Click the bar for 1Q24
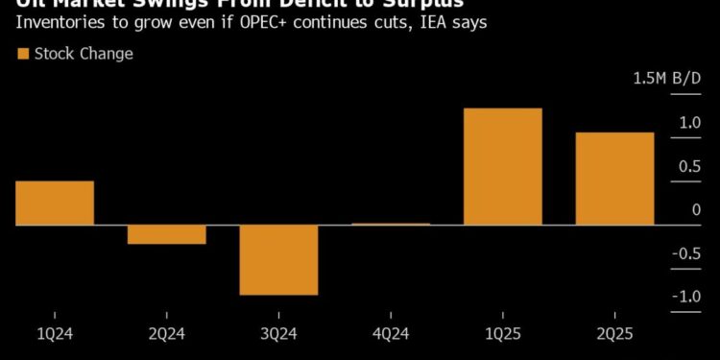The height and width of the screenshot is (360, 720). (x=55, y=203)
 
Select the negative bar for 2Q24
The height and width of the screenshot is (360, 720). (x=167, y=234)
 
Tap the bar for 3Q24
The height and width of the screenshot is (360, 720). (x=278, y=259)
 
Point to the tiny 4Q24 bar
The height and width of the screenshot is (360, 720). (x=391, y=224)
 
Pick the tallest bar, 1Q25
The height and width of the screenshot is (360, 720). (x=502, y=166)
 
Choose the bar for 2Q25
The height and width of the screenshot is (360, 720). (x=614, y=179)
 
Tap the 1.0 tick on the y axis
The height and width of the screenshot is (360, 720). (x=689, y=123)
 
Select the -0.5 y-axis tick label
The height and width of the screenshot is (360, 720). (x=685, y=253)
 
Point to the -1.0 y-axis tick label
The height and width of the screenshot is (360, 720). (x=685, y=297)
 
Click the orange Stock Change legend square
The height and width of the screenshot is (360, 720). (x=23, y=54)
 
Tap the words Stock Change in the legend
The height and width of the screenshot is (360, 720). (x=84, y=54)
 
